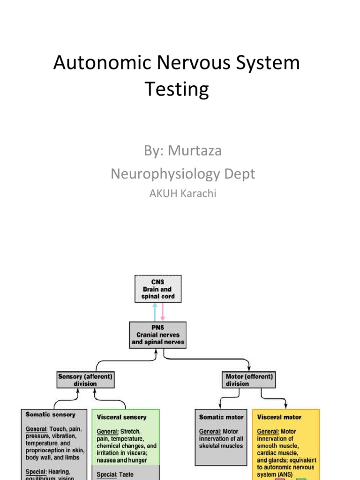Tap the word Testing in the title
(x=177, y=89)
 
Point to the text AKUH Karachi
(x=183, y=193)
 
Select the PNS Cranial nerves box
(x=157, y=335)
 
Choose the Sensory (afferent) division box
(x=85, y=380)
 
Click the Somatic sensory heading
(x=51, y=415)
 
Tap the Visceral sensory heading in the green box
(x=122, y=417)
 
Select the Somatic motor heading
(x=221, y=417)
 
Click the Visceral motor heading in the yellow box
(x=279, y=417)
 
